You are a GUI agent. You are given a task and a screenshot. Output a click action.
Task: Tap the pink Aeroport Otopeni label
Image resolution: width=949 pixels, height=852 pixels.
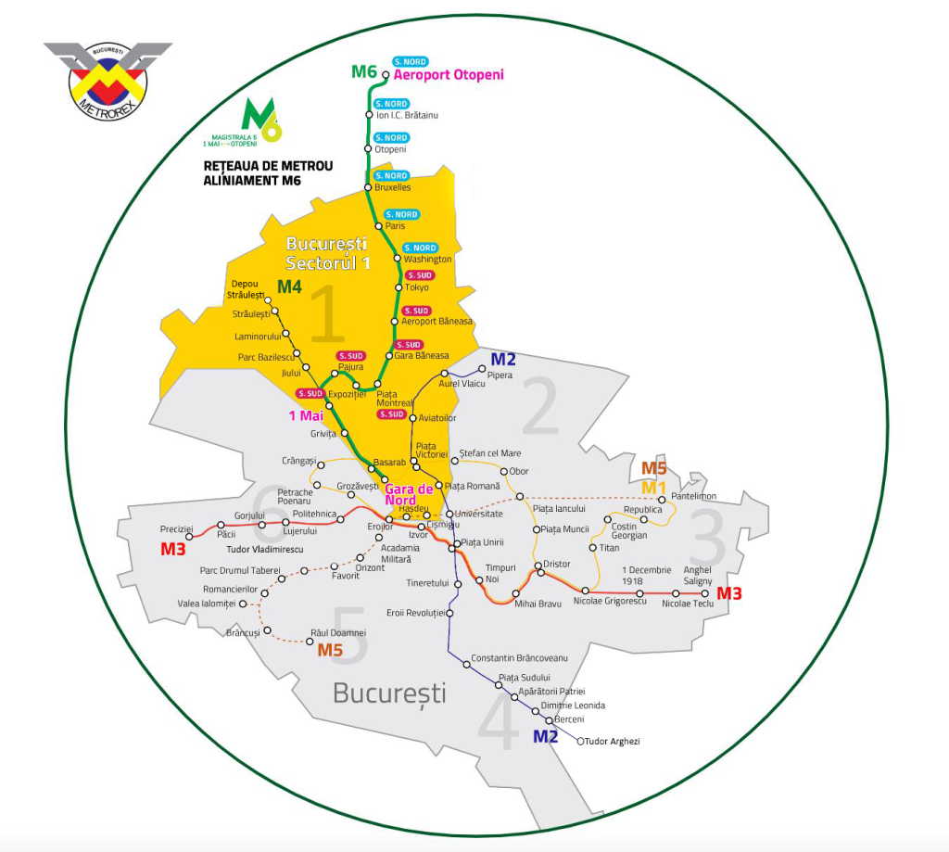tap(449, 75)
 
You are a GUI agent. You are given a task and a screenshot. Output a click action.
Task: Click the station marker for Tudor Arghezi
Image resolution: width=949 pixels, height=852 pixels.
tap(580, 741)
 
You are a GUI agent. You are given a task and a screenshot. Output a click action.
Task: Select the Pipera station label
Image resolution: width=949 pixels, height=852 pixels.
tap(500, 375)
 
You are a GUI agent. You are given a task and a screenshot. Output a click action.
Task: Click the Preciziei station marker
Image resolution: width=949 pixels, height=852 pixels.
tap(189, 536)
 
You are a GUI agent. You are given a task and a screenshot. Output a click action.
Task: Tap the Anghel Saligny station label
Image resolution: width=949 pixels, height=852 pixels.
tap(697, 575)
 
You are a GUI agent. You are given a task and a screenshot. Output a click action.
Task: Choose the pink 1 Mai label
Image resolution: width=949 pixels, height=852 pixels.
tap(307, 416)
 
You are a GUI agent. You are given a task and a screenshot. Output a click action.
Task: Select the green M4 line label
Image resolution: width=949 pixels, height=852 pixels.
tap(289, 287)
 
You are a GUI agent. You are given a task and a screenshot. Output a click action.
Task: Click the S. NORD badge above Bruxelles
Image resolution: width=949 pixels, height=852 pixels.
tap(391, 175)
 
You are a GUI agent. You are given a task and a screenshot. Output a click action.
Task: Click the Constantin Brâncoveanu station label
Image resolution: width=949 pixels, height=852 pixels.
tap(518, 657)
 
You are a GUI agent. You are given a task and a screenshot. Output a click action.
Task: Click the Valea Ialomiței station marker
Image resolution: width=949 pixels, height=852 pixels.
tap(244, 604)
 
